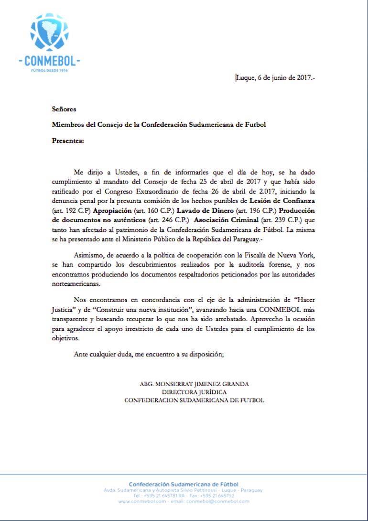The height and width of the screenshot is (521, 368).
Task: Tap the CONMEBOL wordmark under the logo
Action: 49,61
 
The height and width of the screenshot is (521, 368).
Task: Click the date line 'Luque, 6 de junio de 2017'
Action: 275,78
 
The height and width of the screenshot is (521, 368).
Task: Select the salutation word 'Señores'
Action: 64,109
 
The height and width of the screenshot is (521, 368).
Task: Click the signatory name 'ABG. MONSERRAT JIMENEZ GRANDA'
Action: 194,384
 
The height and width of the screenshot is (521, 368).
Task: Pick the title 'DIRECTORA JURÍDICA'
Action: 194,392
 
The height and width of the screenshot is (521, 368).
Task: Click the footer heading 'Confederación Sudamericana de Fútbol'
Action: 184,484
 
